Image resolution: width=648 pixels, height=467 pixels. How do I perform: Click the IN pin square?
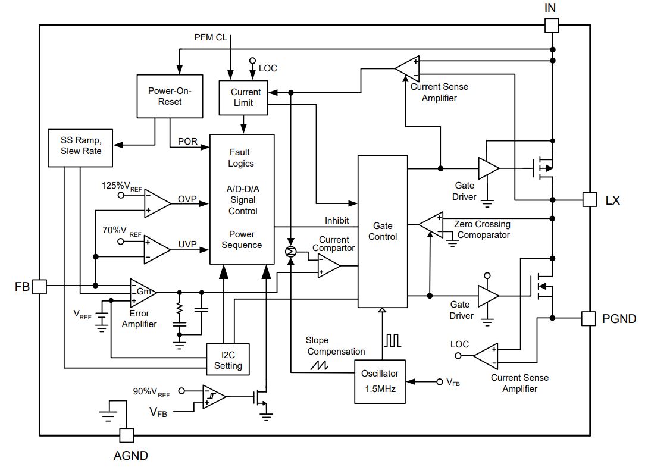552,25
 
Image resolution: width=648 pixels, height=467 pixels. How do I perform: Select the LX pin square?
590,200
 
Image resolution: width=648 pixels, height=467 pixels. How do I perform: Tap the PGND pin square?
588,318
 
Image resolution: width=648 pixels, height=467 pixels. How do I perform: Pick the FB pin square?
40,286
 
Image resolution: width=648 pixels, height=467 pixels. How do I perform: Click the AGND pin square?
127,435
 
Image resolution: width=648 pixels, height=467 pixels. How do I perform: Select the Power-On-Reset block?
170,96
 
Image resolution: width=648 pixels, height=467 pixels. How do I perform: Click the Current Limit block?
243,98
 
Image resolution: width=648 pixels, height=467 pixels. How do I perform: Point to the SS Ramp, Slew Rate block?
80,148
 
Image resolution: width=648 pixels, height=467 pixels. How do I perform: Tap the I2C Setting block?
228,359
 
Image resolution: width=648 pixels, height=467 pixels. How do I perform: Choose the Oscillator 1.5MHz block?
380,381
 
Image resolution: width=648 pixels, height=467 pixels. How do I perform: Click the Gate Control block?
383,231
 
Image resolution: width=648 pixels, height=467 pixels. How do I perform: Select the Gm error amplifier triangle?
143,292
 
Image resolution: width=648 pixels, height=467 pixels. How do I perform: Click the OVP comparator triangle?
157,203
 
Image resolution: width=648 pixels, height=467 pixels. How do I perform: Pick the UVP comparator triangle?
157,250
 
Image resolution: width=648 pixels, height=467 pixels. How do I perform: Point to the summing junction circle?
291,252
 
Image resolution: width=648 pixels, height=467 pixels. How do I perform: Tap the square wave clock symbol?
392,340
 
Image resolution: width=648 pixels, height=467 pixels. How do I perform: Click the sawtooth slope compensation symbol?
320,365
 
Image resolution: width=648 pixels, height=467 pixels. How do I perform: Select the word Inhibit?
337,221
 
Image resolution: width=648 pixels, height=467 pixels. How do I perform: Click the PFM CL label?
211,37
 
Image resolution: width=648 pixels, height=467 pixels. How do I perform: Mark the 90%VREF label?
151,392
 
